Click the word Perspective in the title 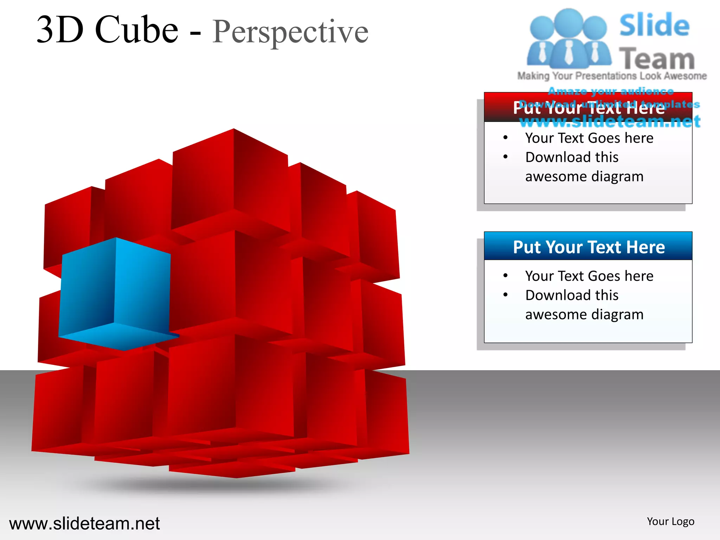point(290,32)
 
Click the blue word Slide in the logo point(654,25)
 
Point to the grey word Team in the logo point(656,59)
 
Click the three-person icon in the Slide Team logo point(568,39)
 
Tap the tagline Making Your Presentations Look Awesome point(612,76)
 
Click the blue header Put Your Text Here point(589,247)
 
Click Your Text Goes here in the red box point(589,138)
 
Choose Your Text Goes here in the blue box point(589,276)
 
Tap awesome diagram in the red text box point(584,176)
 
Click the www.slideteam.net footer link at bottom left point(84,523)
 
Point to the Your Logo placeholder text point(670,521)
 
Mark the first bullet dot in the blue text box point(505,276)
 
